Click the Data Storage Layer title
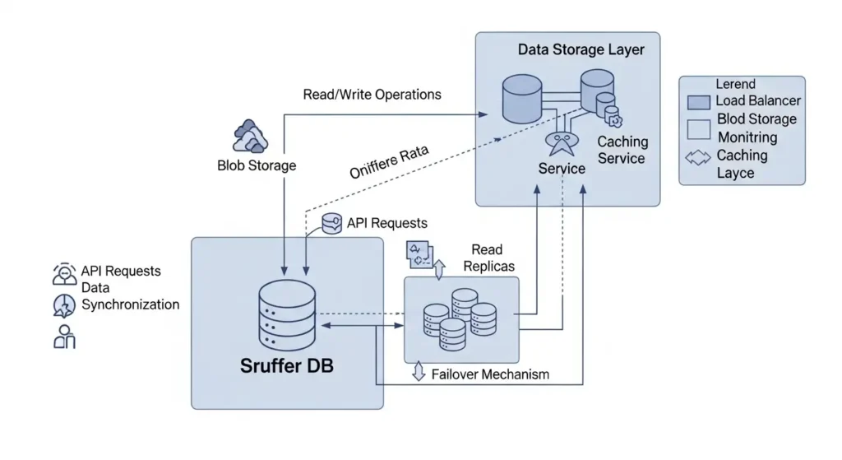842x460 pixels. pyautogui.click(x=581, y=49)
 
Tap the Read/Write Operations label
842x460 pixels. pyautogui.click(x=372, y=95)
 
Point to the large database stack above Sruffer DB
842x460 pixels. pyautogui.click(x=286, y=317)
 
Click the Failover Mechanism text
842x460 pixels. pyautogui.click(x=490, y=374)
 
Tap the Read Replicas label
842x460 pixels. pyautogui.click(x=487, y=258)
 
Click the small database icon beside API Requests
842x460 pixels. pyautogui.click(x=331, y=224)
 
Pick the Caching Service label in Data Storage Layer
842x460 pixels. pyautogui.click(x=622, y=150)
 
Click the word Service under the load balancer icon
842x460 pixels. pyautogui.click(x=562, y=169)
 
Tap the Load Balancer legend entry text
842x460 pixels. pyautogui.click(x=757, y=101)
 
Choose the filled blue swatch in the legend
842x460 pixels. pyautogui.click(x=698, y=102)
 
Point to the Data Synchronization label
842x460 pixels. pyautogui.click(x=129, y=296)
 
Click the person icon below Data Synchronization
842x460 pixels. pyautogui.click(x=64, y=336)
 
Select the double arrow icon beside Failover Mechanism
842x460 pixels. pyautogui.click(x=418, y=373)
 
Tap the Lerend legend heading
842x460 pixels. pyautogui.click(x=735, y=84)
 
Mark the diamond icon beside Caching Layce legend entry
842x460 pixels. pyautogui.click(x=698, y=156)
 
